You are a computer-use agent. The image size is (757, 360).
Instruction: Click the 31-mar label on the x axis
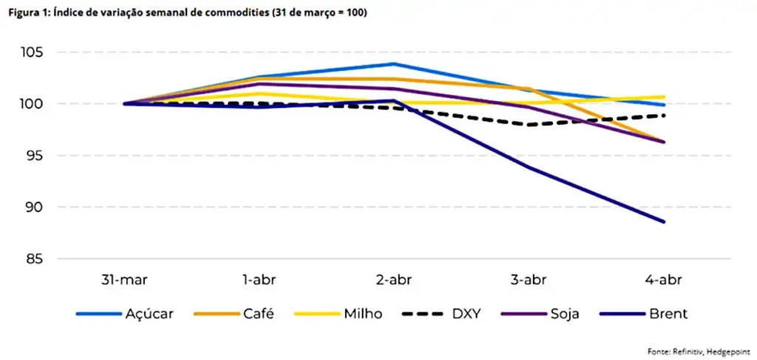[123, 280]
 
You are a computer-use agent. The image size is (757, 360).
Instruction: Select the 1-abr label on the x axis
[259, 280]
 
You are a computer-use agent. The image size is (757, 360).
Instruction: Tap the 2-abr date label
[394, 280]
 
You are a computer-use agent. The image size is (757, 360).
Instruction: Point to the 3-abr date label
[529, 280]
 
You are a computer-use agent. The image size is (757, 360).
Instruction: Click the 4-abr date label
[664, 280]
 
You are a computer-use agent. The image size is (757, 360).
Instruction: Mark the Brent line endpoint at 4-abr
[664, 222]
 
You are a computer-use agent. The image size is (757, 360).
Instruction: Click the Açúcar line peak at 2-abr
[394, 64]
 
